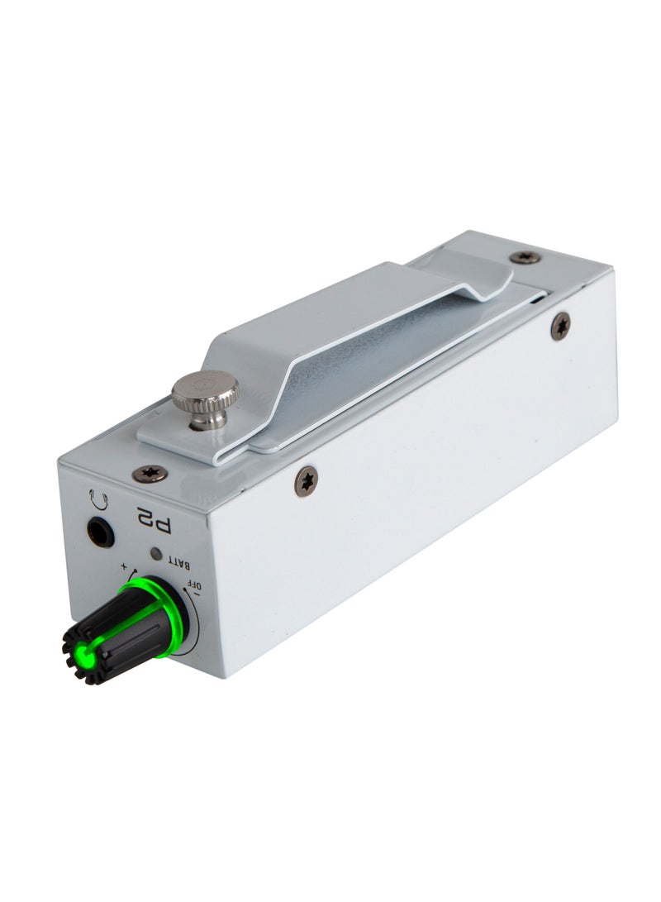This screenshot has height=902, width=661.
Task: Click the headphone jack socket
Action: pos(100,532)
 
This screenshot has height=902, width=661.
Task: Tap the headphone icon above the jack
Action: pos(97,499)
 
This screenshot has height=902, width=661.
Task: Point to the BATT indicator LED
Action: pos(156,554)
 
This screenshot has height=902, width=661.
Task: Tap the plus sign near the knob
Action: pos(124,566)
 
